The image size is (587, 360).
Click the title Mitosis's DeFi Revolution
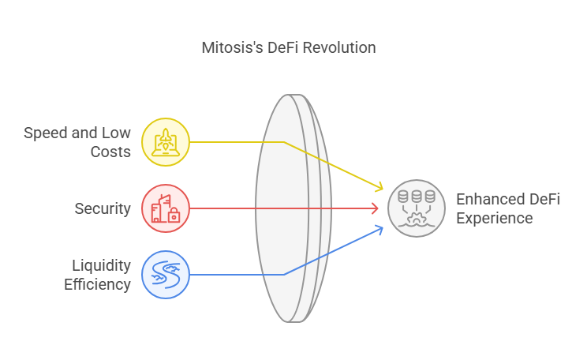coord(289,48)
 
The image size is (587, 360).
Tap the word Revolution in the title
coord(339,48)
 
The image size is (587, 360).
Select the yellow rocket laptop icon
coord(166,142)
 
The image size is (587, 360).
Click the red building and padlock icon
coord(166,208)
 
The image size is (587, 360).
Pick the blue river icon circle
coord(166,275)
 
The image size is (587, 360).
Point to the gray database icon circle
coord(417,208)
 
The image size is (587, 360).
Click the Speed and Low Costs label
coord(77,142)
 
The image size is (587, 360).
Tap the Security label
coord(103,208)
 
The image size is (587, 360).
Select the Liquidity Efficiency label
coord(97,275)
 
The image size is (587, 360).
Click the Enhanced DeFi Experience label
coord(508,208)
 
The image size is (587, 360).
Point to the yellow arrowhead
coord(379,186)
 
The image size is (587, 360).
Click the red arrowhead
coord(375,208)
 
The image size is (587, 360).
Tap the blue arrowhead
coord(379,230)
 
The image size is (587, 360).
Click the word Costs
coord(110,152)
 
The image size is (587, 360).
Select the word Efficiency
coord(97,285)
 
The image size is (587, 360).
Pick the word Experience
coord(495,219)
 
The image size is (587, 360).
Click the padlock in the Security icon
coord(174,216)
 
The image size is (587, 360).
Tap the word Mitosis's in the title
coord(233,48)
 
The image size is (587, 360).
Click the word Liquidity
coord(102,265)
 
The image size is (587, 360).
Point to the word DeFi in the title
coord(283,48)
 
